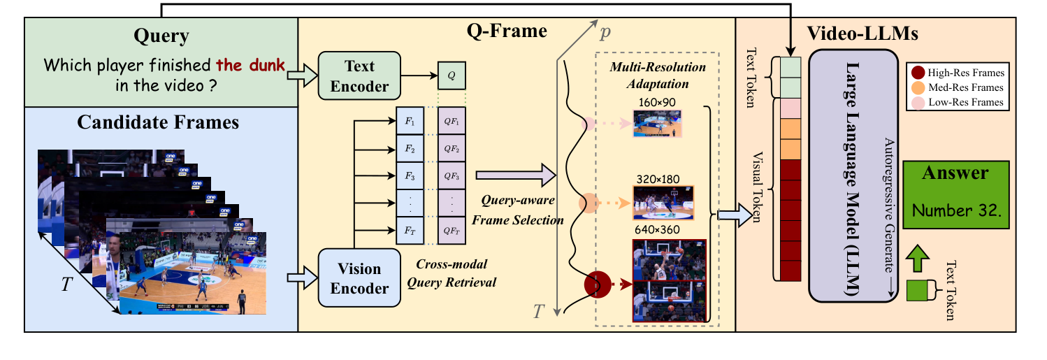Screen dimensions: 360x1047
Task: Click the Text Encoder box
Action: click(359, 76)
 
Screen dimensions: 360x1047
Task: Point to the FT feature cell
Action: click(410, 229)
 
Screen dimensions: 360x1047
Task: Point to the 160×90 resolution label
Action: click(658, 102)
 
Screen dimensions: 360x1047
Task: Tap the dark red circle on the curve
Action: click(598, 285)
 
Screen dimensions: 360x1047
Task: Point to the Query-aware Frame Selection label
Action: click(517, 209)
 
